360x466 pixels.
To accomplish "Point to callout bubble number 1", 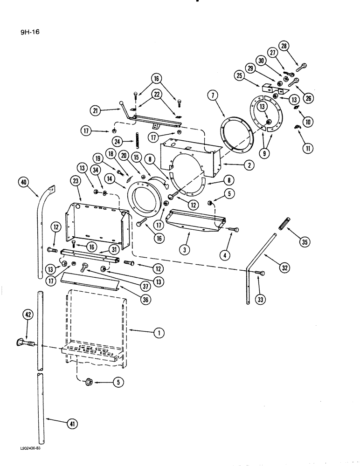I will (159, 333).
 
